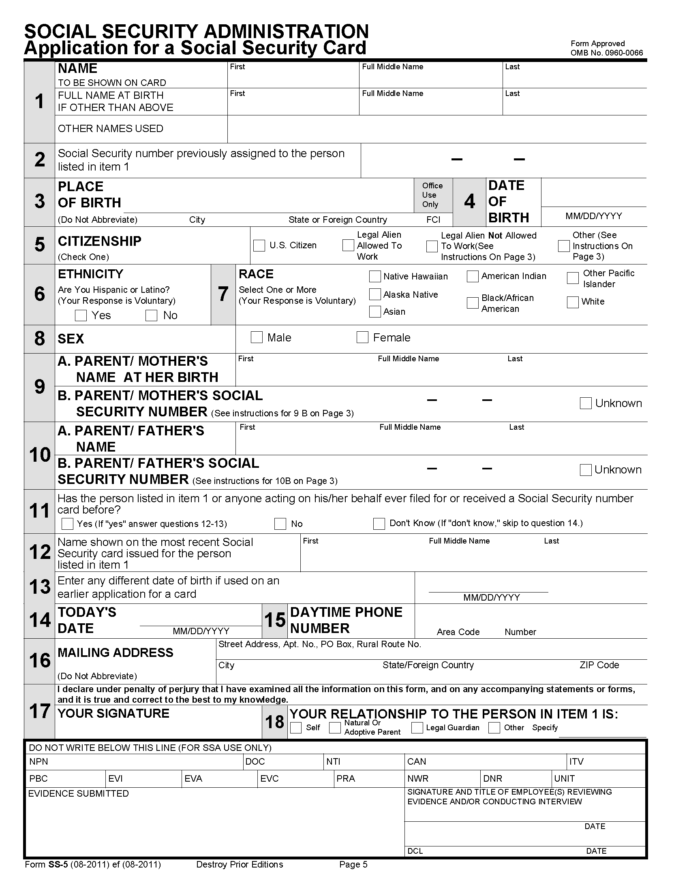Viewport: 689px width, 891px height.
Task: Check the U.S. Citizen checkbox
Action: [259, 245]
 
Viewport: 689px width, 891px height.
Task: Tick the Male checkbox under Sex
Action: [256, 337]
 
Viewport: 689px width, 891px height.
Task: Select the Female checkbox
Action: [362, 337]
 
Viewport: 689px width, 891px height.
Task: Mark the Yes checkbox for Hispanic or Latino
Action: [81, 315]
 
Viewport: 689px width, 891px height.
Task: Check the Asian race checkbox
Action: [375, 312]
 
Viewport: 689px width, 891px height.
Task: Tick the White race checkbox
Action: [573, 302]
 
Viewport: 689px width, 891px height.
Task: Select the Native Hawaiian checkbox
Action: [375, 276]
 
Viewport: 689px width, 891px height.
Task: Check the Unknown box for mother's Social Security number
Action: [586, 403]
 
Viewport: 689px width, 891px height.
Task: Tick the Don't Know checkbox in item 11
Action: [379, 523]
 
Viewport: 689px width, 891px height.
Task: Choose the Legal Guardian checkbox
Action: [417, 727]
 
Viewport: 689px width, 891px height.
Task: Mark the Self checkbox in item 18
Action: [295, 727]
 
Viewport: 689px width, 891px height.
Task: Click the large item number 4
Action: [469, 201]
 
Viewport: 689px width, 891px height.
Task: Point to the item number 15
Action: [275, 620]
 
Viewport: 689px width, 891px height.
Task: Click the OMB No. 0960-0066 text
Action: [607, 53]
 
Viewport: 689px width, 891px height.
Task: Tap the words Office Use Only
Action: [432, 195]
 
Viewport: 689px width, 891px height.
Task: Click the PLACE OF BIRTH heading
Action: [90, 194]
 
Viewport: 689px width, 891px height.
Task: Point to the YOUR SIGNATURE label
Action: [113, 713]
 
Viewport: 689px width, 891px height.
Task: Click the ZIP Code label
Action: [599, 665]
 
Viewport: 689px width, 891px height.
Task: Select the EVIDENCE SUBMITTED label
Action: [78, 793]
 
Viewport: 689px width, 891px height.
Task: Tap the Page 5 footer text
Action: [353, 865]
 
